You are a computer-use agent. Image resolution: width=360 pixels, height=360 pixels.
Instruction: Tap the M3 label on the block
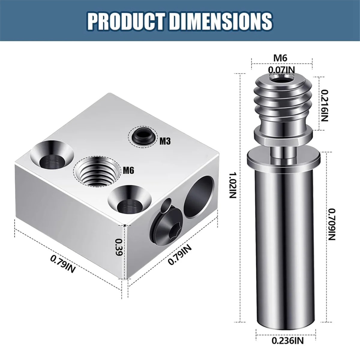[165, 141]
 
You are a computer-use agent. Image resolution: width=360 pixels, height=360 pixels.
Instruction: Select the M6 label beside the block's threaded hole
[128, 170]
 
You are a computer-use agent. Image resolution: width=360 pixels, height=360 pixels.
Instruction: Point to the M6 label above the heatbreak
[280, 58]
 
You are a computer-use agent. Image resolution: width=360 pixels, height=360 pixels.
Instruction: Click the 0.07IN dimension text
[281, 70]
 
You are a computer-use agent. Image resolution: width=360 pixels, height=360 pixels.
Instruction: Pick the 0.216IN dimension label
[325, 105]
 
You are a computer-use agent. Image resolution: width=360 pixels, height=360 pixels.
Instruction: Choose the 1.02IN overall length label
[233, 185]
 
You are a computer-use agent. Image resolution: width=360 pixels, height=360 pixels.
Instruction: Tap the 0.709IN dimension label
[332, 224]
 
